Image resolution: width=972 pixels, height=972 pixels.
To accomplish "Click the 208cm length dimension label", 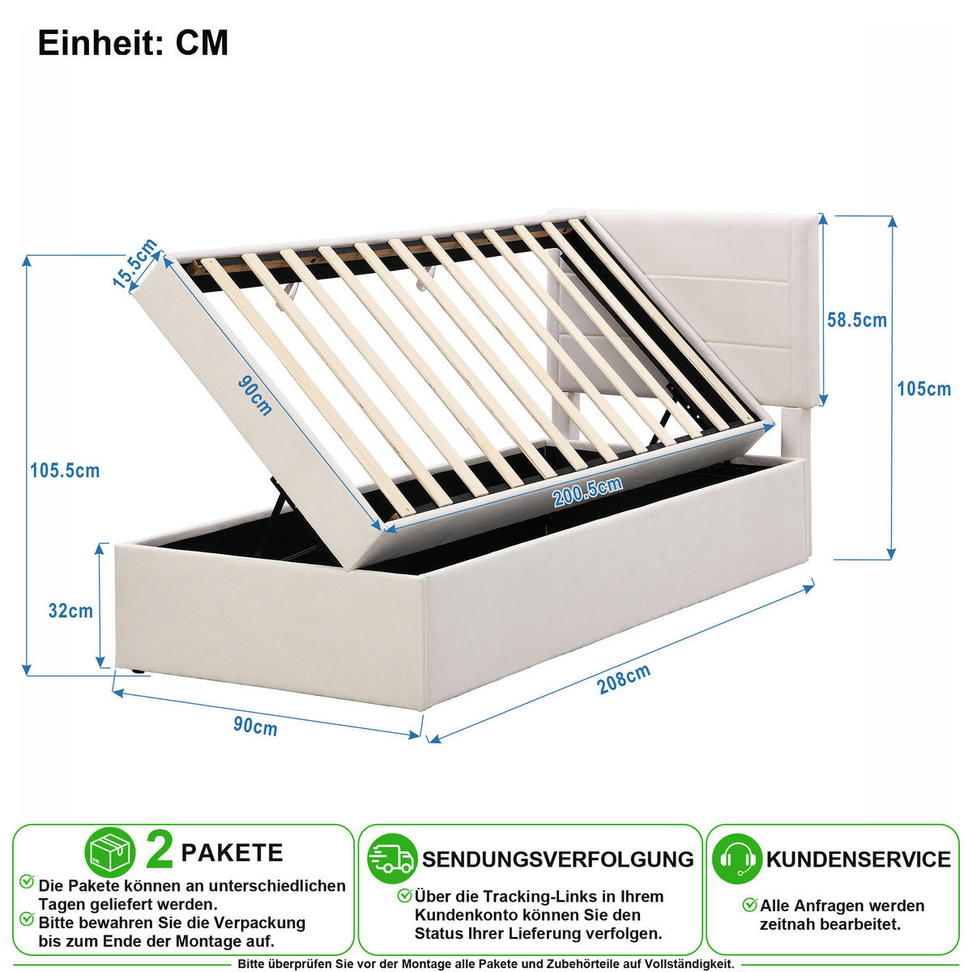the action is (x=624, y=679).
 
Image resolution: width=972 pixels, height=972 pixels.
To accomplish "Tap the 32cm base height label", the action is (x=70, y=611).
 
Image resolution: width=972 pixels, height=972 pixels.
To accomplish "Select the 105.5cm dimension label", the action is (x=65, y=471).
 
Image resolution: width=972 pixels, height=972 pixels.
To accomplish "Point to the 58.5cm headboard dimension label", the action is (x=857, y=320).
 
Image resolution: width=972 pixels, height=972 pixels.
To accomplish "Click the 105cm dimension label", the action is (x=924, y=389).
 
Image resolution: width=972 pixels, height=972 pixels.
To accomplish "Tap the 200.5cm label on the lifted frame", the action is (x=587, y=492).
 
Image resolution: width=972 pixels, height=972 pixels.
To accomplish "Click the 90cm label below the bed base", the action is (x=255, y=727).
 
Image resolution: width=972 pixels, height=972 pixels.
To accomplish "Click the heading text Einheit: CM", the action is (x=133, y=43).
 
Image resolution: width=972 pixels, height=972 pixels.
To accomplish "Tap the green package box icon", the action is (x=110, y=852).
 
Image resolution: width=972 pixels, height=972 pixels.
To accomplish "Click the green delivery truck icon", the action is (x=391, y=859).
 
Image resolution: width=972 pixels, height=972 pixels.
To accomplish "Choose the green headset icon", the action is (x=737, y=859).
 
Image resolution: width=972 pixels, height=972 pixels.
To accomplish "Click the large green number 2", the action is (x=160, y=852).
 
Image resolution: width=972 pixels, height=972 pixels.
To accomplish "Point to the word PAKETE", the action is (x=232, y=853).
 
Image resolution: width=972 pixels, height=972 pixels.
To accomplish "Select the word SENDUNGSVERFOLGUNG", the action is (x=558, y=859).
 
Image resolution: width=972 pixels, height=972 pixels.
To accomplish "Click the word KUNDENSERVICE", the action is (x=859, y=859).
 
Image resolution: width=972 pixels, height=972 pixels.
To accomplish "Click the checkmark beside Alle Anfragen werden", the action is (x=750, y=905).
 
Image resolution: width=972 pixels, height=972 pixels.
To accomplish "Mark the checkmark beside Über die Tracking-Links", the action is (x=404, y=896).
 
